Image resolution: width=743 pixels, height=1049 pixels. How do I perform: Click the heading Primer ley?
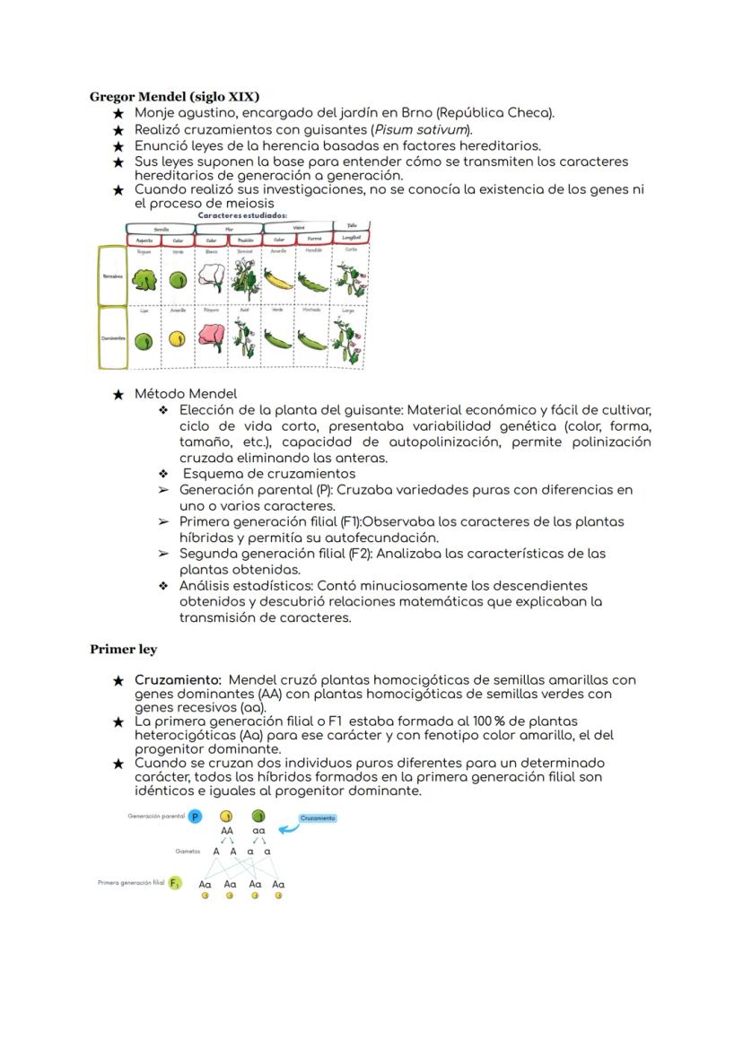(x=123, y=650)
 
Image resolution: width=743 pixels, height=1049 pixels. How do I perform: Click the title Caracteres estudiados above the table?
(x=242, y=216)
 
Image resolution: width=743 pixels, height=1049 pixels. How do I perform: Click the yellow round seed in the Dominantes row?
(x=179, y=339)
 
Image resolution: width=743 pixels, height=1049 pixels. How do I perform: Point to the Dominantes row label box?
(x=112, y=338)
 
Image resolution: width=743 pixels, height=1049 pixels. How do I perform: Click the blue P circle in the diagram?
(x=197, y=817)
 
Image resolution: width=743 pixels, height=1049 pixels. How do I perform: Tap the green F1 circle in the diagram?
(x=175, y=884)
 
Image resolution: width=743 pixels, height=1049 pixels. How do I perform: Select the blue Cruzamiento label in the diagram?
(x=318, y=818)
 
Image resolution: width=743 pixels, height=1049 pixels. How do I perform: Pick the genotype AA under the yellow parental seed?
(x=227, y=831)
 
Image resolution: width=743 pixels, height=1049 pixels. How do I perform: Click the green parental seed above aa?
(x=258, y=817)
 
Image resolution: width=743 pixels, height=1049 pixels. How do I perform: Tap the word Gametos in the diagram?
(x=188, y=851)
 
